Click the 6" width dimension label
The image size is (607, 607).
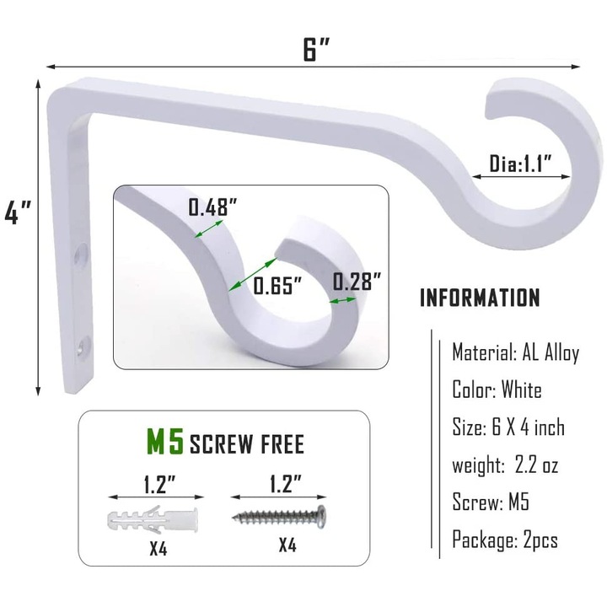[x=315, y=49]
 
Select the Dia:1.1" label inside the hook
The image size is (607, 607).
[x=520, y=164]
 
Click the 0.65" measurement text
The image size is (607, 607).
[x=277, y=286]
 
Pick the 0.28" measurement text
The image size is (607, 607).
[x=357, y=281]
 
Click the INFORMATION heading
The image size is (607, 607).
[x=480, y=298]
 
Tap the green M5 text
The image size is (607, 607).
[x=165, y=441]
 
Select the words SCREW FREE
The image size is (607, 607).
[x=246, y=443]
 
